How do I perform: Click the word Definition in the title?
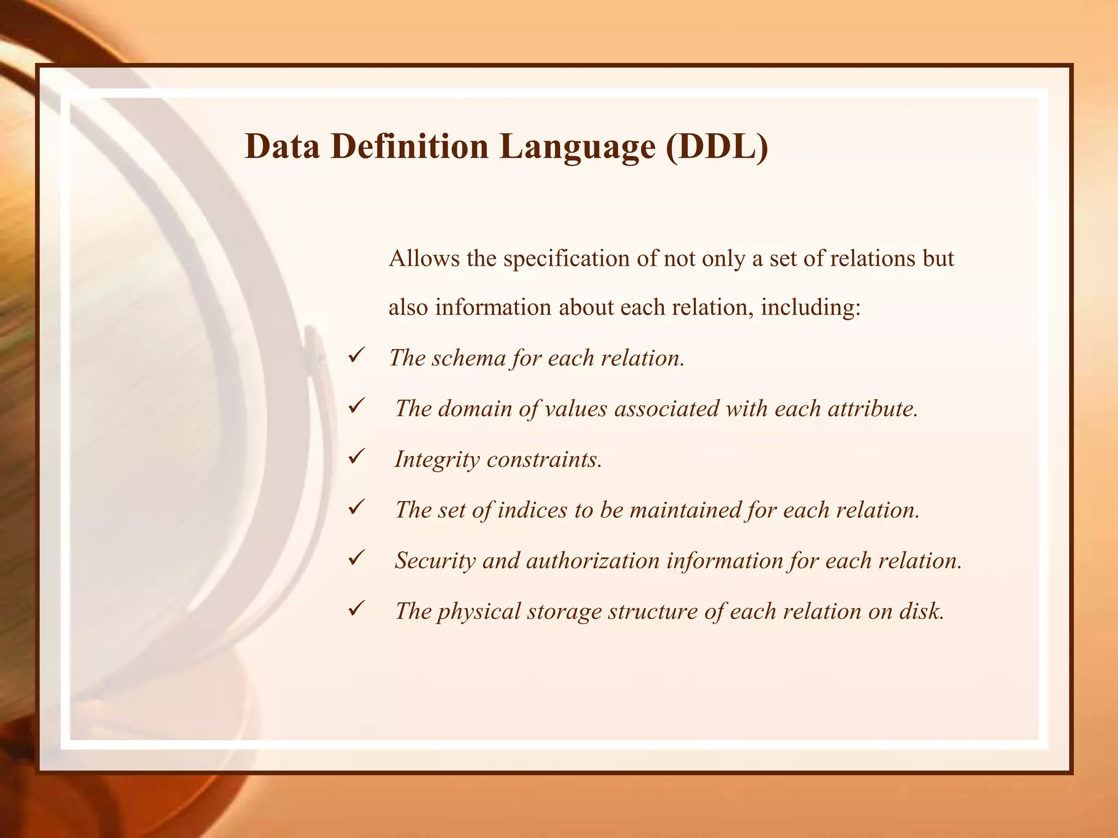pos(409,147)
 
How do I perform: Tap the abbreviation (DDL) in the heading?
pos(717,147)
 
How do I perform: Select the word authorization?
pos(593,561)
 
